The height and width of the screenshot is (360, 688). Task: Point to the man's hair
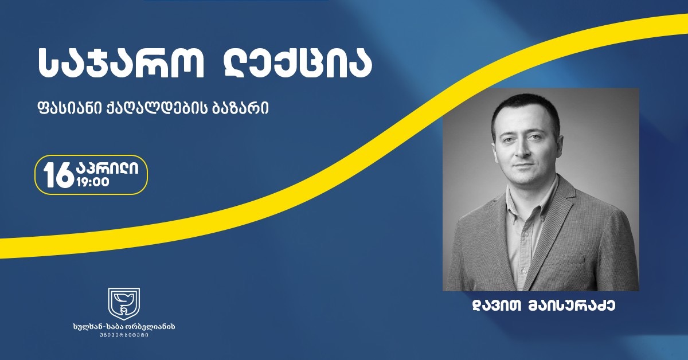coord(525,109)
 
